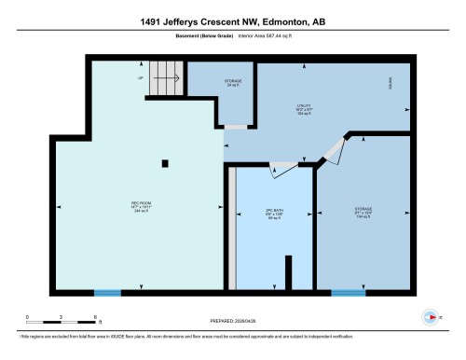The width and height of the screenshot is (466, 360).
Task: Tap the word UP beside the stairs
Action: pos(141,78)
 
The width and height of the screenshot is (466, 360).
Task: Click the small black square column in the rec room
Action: pos(165,164)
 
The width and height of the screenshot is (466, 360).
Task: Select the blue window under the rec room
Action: pos(107,293)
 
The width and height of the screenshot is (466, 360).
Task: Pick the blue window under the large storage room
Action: pos(349,293)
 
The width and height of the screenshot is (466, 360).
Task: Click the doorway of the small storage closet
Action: pos(237,126)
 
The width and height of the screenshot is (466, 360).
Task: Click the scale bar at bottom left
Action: pos(61,320)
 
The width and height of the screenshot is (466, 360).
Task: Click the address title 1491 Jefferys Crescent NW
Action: pos(232,21)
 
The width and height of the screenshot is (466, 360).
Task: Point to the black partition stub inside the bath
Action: pos(287,274)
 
